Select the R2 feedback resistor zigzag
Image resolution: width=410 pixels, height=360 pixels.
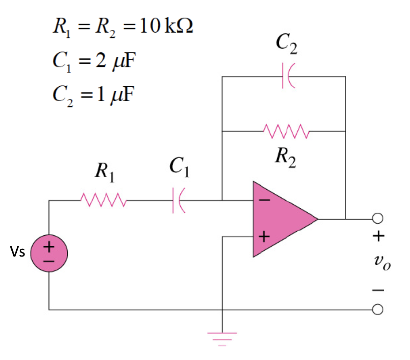coord(285,131)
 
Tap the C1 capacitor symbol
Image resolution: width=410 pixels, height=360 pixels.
coord(177,199)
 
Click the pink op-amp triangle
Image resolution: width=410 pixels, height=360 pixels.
coord(280,219)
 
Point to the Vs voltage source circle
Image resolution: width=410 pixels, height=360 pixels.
coord(49,253)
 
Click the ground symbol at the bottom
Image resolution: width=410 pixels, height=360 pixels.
coord(222,337)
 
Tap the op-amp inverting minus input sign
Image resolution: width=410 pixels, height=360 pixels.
coord(264,199)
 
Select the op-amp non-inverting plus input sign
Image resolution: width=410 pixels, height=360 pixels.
coord(264,237)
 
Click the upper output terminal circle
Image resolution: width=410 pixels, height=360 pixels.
coord(378,219)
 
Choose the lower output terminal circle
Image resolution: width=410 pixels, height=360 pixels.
coord(378,309)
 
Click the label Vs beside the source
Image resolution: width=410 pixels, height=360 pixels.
coord(19,253)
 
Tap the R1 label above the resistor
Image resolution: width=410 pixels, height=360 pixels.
coord(104,173)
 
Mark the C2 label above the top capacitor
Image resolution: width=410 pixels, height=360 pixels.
coord(287,44)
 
